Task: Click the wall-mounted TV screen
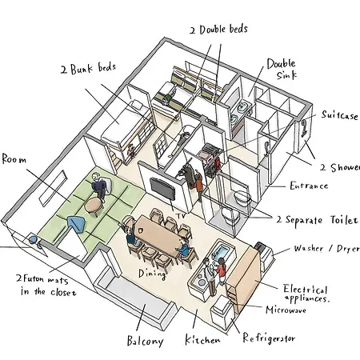pyautogui.click(x=162, y=189)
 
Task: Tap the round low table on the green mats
pyautogui.click(x=94, y=206)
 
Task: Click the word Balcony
pyautogui.click(x=145, y=341)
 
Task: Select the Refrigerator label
pyautogui.click(x=269, y=338)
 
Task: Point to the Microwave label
pyautogui.click(x=286, y=310)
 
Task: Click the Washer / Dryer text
pyautogui.click(x=327, y=249)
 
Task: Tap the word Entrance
pyautogui.click(x=309, y=186)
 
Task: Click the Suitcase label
pyautogui.click(x=339, y=115)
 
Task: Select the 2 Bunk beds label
pyautogui.click(x=88, y=68)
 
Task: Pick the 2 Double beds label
pyautogui.click(x=218, y=30)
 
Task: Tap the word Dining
pyautogui.click(x=152, y=274)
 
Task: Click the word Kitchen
pyautogui.click(x=202, y=339)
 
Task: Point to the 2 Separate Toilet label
pyautogui.click(x=317, y=220)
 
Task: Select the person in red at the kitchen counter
pyautogui.click(x=221, y=270)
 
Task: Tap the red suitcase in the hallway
pyautogui.click(x=218, y=162)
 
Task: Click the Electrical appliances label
pyautogui.click(x=306, y=294)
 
